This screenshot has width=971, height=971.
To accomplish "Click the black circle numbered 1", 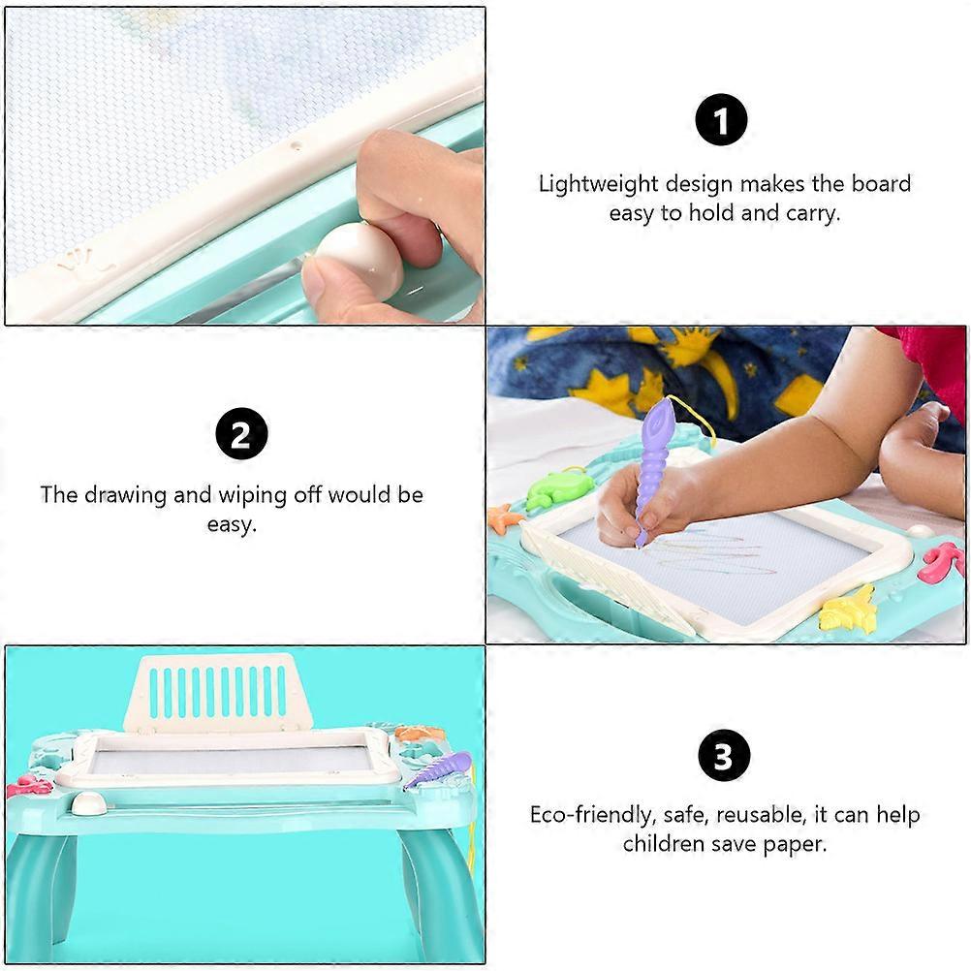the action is pos(721,120).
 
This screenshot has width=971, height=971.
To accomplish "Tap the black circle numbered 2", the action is pos(241,433).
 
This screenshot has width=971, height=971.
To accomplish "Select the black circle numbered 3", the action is pos(724,756).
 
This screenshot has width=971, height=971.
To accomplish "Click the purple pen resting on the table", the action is pos(438,769).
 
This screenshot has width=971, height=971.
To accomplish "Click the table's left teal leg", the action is pos(41,892).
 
